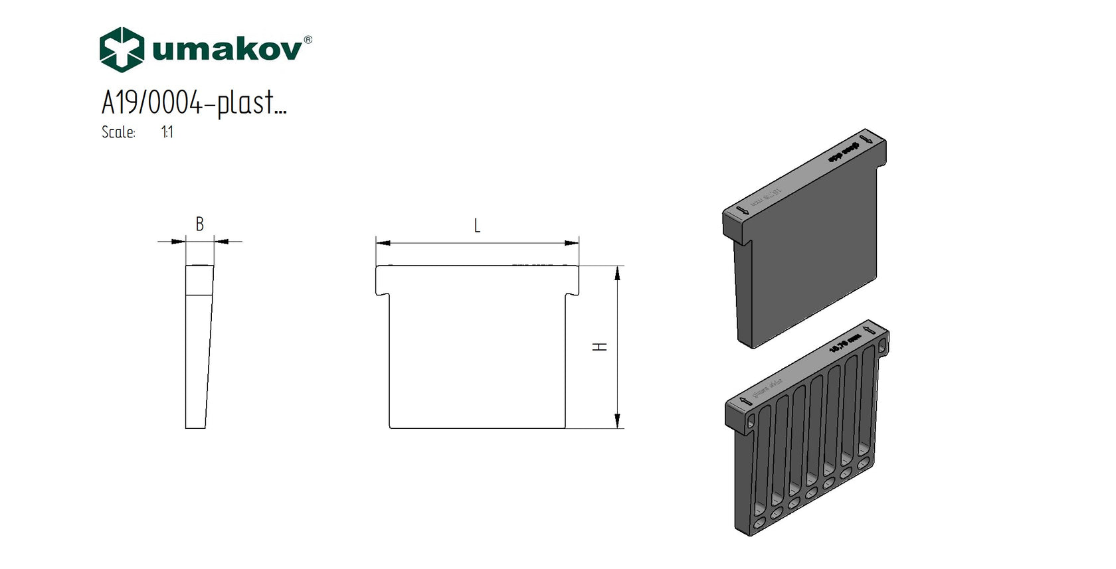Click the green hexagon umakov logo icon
point(122,49)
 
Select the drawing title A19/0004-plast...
point(193,103)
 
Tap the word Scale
point(118,132)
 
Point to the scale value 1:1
point(167,132)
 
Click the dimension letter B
point(199,224)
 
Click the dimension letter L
point(477,226)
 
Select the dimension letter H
point(601,347)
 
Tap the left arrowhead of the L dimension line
point(383,243)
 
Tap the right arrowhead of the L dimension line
point(572,243)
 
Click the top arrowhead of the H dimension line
point(618,273)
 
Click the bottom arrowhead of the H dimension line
point(618,421)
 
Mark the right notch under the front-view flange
point(573,293)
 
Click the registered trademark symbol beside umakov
point(308,40)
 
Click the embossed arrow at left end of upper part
point(742,212)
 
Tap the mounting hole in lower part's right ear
point(882,346)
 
